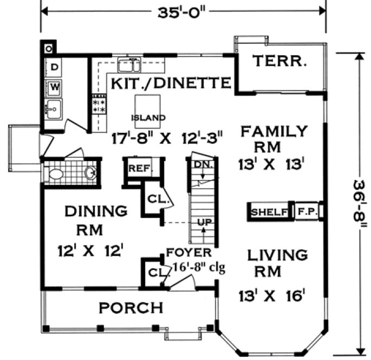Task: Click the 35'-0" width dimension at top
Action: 183,10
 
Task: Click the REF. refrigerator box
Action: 138,168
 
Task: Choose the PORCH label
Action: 131,308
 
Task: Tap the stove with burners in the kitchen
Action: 99,104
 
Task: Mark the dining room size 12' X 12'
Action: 92,250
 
